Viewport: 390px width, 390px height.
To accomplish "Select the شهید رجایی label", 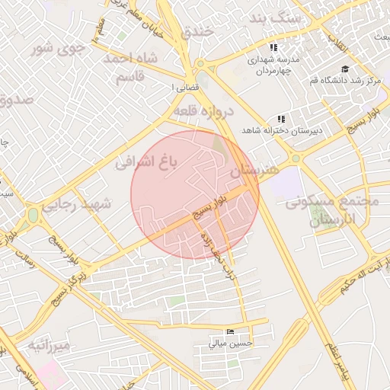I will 76,204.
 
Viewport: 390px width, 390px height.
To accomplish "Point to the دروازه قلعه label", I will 202,111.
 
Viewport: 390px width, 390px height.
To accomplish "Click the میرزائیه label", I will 50,346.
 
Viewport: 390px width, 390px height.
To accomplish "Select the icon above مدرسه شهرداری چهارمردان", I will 274,47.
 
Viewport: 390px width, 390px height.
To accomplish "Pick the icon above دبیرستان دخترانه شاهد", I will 281,119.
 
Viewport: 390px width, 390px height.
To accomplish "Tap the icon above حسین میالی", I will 231,331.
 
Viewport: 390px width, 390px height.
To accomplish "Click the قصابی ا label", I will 187,88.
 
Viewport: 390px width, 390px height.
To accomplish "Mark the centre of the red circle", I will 195,195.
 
